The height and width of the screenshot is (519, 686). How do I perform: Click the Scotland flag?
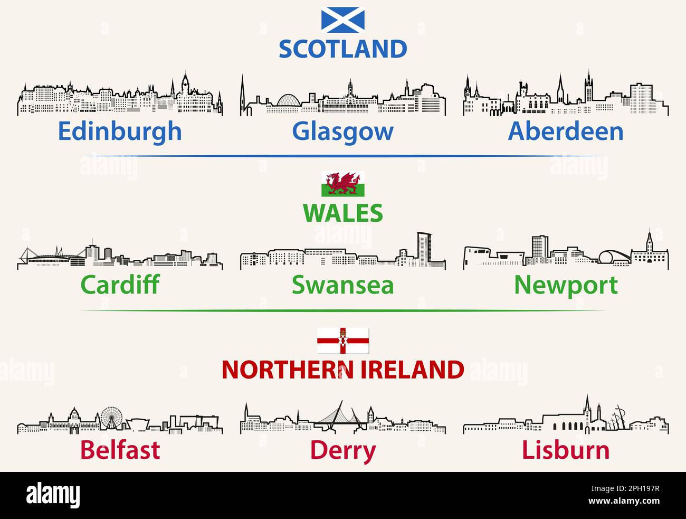tap(342, 21)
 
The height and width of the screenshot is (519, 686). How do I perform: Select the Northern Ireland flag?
tap(342, 341)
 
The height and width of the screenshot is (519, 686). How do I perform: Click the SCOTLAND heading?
tap(342, 49)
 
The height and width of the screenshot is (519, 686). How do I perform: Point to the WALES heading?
tap(342, 213)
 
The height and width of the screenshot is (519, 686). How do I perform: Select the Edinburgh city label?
tap(120, 131)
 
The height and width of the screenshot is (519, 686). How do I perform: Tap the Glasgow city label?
tap(342, 131)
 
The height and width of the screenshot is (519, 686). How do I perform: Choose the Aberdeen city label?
tap(565, 131)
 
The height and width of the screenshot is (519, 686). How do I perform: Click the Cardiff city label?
tap(120, 285)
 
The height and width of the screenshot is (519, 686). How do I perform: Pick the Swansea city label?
tap(342, 285)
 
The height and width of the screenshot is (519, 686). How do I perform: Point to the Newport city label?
tap(565, 285)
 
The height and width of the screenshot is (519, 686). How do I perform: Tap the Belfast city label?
tap(120, 450)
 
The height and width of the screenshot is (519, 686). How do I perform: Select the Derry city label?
tap(342, 450)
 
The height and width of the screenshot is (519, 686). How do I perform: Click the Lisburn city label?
tap(565, 450)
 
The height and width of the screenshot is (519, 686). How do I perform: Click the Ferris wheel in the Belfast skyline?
tap(111, 417)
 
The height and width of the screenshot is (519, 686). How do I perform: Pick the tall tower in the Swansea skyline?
tap(423, 249)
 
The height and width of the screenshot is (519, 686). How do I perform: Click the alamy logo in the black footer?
tap(53, 495)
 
